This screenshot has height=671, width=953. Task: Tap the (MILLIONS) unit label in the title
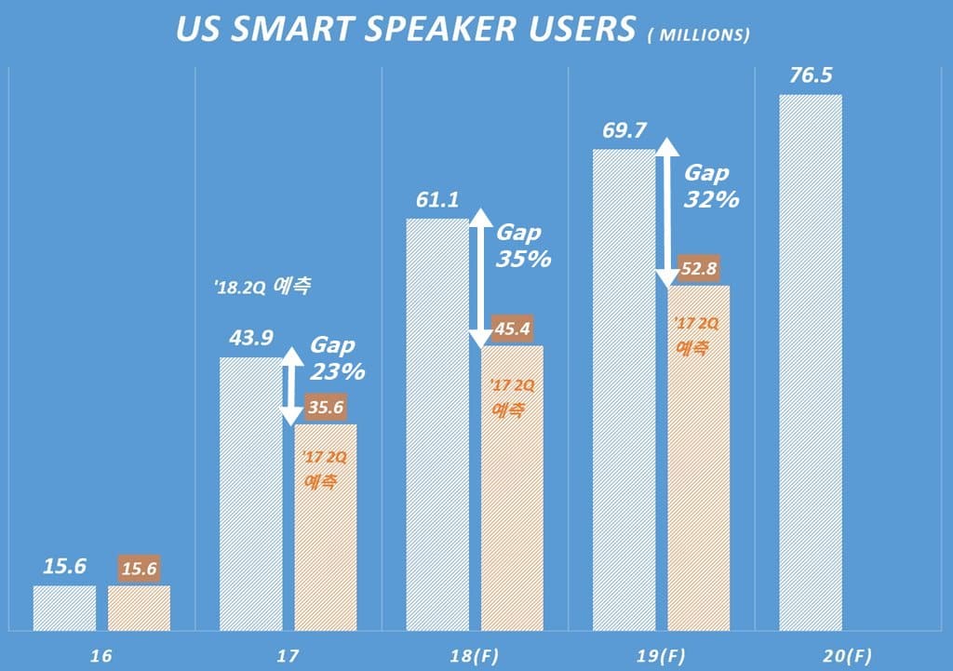tap(697, 35)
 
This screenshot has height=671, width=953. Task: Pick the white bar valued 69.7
tap(623, 391)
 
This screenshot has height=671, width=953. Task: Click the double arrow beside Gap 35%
tap(479, 277)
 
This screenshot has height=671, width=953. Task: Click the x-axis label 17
tap(289, 655)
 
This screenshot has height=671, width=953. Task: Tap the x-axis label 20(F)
tap(847, 655)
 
